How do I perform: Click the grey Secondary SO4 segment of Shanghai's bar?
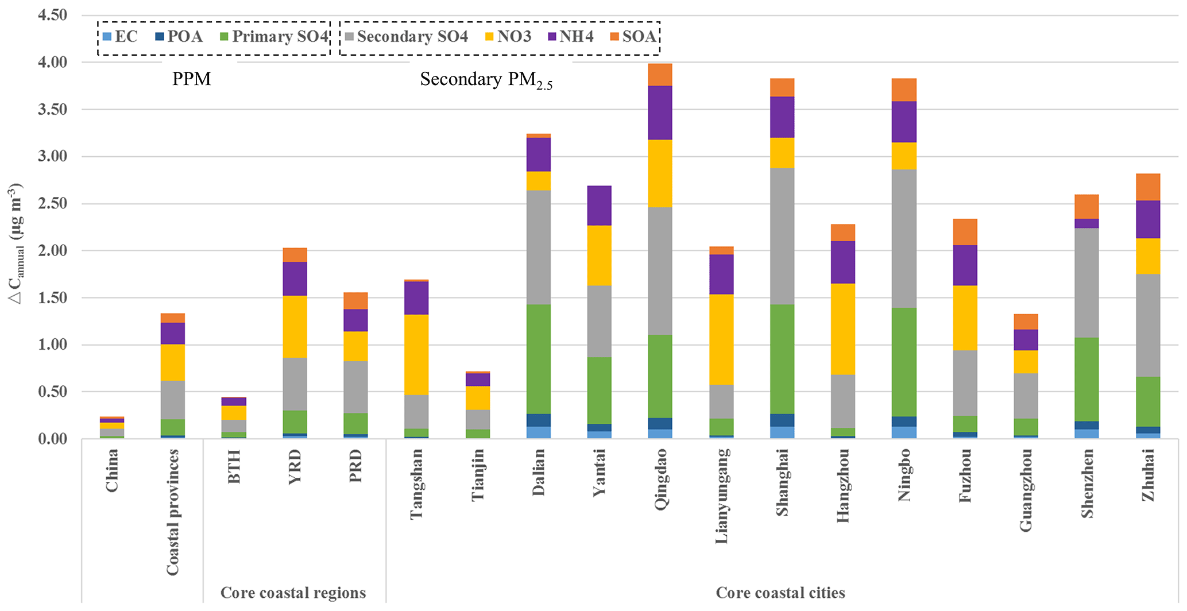(782, 236)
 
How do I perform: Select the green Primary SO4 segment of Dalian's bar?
(539, 359)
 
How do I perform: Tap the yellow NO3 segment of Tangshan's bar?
(416, 354)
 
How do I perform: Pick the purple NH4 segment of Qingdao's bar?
(660, 113)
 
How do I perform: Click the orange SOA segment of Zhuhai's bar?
(1148, 187)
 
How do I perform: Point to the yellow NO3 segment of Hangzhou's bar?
(843, 328)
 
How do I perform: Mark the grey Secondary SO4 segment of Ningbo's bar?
(904, 238)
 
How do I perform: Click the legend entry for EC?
(119, 37)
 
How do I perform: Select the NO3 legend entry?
(508, 37)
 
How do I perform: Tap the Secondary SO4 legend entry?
(406, 37)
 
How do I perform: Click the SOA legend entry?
(633, 37)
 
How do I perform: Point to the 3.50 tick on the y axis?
(52, 109)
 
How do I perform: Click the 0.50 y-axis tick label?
(52, 392)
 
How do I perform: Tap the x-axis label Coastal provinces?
(173, 511)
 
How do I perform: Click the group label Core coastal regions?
(293, 593)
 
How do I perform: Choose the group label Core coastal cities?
(780, 593)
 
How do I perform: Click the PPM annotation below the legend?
(191, 79)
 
